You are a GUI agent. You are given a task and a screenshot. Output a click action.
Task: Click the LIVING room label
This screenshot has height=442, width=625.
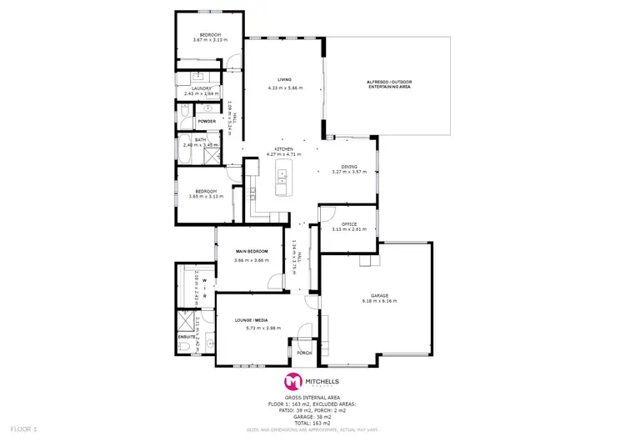(x=285, y=81)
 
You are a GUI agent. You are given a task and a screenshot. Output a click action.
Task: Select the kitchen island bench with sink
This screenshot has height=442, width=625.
(x=283, y=176)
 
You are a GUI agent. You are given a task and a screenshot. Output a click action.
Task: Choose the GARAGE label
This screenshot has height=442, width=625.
(x=380, y=295)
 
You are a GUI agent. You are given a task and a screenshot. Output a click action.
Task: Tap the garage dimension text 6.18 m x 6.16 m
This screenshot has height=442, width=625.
(x=380, y=301)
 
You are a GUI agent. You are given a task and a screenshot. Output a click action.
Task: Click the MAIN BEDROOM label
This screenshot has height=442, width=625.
(x=251, y=251)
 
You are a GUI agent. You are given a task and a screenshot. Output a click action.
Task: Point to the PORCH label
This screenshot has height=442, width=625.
(x=303, y=353)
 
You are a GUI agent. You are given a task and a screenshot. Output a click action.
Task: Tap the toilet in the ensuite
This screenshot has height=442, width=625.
(x=184, y=346)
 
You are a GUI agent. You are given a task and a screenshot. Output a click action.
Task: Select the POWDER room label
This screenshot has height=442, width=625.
(x=207, y=122)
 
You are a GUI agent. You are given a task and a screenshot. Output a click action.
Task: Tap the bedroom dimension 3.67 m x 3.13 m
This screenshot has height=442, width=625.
(x=209, y=40)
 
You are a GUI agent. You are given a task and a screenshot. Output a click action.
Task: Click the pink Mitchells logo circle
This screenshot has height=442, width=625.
(x=292, y=381)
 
